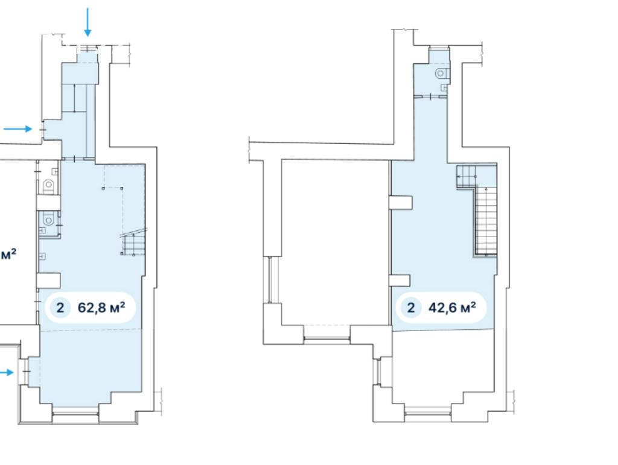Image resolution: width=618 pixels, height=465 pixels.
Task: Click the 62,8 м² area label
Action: click(101, 307)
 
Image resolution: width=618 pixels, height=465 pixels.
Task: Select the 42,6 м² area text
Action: click(452, 307)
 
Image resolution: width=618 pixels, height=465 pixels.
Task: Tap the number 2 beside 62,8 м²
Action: click(60, 308)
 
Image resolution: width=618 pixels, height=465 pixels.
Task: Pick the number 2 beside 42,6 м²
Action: click(410, 308)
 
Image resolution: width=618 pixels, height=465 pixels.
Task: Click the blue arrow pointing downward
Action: click(88, 22)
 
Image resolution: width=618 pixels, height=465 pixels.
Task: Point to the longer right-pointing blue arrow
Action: click(18, 128)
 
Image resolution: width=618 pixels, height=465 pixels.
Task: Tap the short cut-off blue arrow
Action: click(7, 373)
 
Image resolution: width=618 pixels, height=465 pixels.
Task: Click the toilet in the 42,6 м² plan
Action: click(442, 73)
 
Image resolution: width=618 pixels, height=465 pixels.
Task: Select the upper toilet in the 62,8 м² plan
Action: click(48, 185)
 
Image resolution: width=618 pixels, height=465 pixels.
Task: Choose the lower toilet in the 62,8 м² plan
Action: click(49, 220)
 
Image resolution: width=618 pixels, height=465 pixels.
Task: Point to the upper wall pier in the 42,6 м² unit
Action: click(401, 203)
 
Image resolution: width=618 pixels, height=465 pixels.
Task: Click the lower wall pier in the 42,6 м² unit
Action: click(400, 280)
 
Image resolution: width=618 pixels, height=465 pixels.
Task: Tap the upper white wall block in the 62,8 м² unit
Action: click(48, 203)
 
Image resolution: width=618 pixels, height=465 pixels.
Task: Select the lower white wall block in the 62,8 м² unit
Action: click(48, 280)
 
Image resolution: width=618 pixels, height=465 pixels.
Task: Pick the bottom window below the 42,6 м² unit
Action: click(428, 413)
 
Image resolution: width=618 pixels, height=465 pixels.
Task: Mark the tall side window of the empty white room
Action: click(271, 280)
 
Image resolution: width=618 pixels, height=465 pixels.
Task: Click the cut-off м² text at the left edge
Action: click(8, 255)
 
